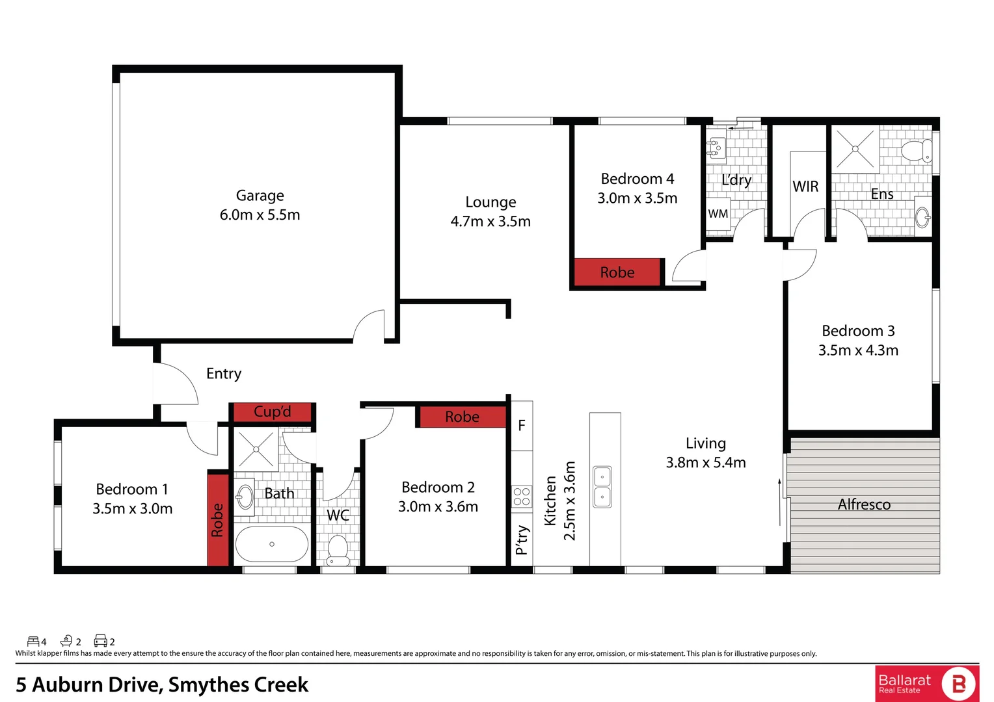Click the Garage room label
[260, 196]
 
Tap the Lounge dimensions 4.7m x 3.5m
[490, 222]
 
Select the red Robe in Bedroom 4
[617, 272]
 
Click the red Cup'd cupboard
[272, 412]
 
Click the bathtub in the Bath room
[272, 544]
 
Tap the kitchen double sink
[602, 487]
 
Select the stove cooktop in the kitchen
[522, 497]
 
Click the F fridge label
[522, 426]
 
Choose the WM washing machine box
[718, 214]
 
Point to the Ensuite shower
[855, 149]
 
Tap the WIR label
[805, 187]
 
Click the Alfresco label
[864, 504]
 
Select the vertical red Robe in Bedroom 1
[218, 519]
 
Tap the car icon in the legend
[100, 641]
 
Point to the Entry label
[224, 374]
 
